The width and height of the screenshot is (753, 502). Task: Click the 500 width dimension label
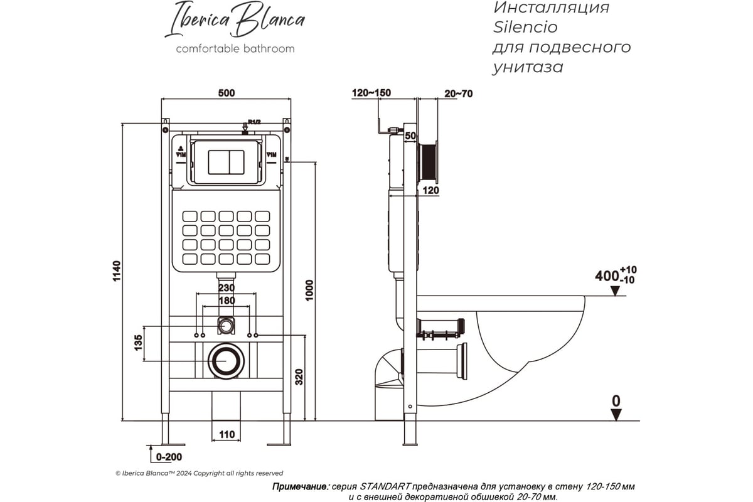[x=227, y=93]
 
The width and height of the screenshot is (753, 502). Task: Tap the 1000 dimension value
[x=309, y=290]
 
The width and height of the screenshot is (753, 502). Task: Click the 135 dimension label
[x=139, y=344]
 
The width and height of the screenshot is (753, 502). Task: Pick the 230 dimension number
[x=227, y=287]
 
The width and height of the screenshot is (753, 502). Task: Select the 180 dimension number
[x=227, y=301]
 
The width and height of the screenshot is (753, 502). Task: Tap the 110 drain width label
[x=227, y=434]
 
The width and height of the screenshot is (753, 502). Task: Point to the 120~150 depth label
[x=371, y=93]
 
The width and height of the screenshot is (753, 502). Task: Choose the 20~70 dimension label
[x=458, y=93]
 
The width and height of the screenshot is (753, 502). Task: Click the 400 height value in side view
[x=607, y=275]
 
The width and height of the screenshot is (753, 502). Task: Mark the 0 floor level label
[x=616, y=400]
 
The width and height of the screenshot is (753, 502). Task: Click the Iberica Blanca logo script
[x=235, y=21]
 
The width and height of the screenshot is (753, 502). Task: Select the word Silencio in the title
[x=517, y=28]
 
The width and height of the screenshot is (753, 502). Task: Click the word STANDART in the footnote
[x=385, y=487]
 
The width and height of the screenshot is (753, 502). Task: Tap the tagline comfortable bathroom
[x=235, y=48]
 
